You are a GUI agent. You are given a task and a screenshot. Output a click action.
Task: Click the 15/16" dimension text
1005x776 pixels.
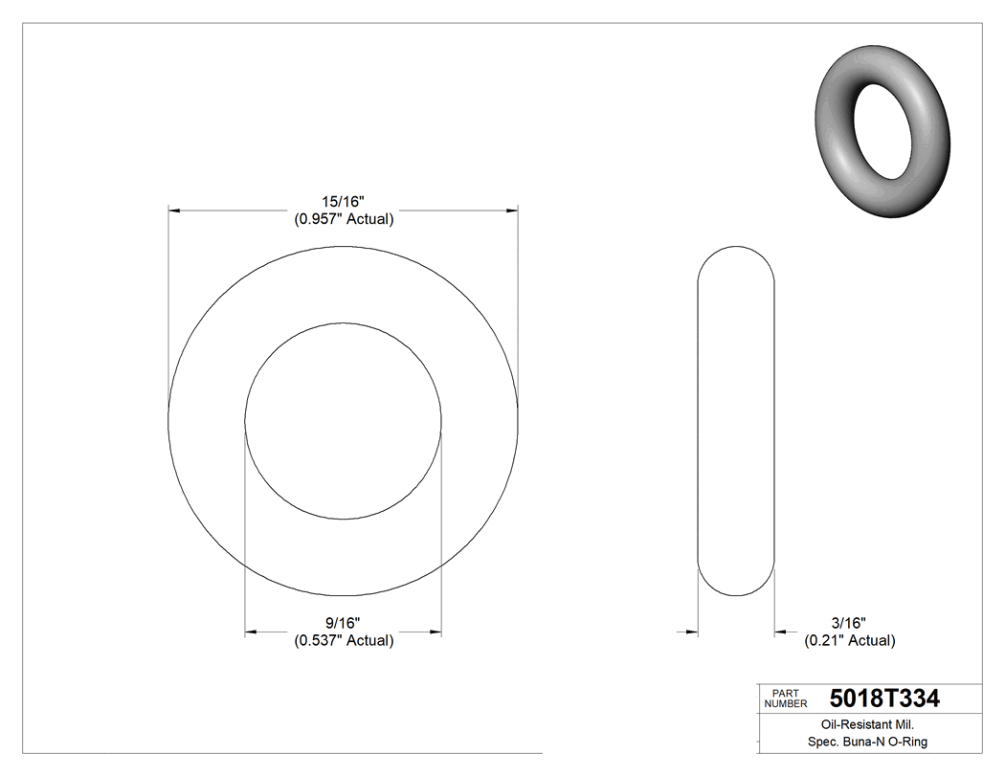[343, 201]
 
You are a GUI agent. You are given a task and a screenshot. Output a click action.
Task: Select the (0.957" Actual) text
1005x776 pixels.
[343, 218]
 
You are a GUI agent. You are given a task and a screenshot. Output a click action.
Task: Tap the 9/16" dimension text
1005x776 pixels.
[343, 623]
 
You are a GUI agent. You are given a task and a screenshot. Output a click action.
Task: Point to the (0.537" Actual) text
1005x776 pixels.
[343, 640]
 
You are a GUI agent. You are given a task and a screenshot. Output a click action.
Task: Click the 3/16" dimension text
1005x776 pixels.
[849, 623]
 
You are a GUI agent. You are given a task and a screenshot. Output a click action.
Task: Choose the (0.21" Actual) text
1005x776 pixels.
[849, 640]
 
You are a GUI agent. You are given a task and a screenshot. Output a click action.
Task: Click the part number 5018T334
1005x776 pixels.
[884, 698]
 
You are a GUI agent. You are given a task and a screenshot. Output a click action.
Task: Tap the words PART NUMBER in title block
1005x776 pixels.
[786, 698]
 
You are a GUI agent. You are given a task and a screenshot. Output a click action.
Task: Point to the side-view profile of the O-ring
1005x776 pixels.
[735, 421]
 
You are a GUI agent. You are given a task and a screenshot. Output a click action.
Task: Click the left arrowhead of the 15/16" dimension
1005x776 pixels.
[174, 209]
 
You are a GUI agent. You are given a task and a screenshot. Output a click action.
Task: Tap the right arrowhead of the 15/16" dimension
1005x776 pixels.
[512, 209]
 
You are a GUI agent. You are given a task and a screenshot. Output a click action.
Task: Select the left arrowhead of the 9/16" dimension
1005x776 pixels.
[252, 632]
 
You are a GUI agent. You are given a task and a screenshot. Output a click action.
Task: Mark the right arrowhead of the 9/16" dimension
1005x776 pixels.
[435, 632]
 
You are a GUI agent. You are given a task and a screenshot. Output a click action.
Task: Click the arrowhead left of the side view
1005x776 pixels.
[692, 632]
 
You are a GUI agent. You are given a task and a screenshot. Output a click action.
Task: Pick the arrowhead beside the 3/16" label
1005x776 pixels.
[780, 632]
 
